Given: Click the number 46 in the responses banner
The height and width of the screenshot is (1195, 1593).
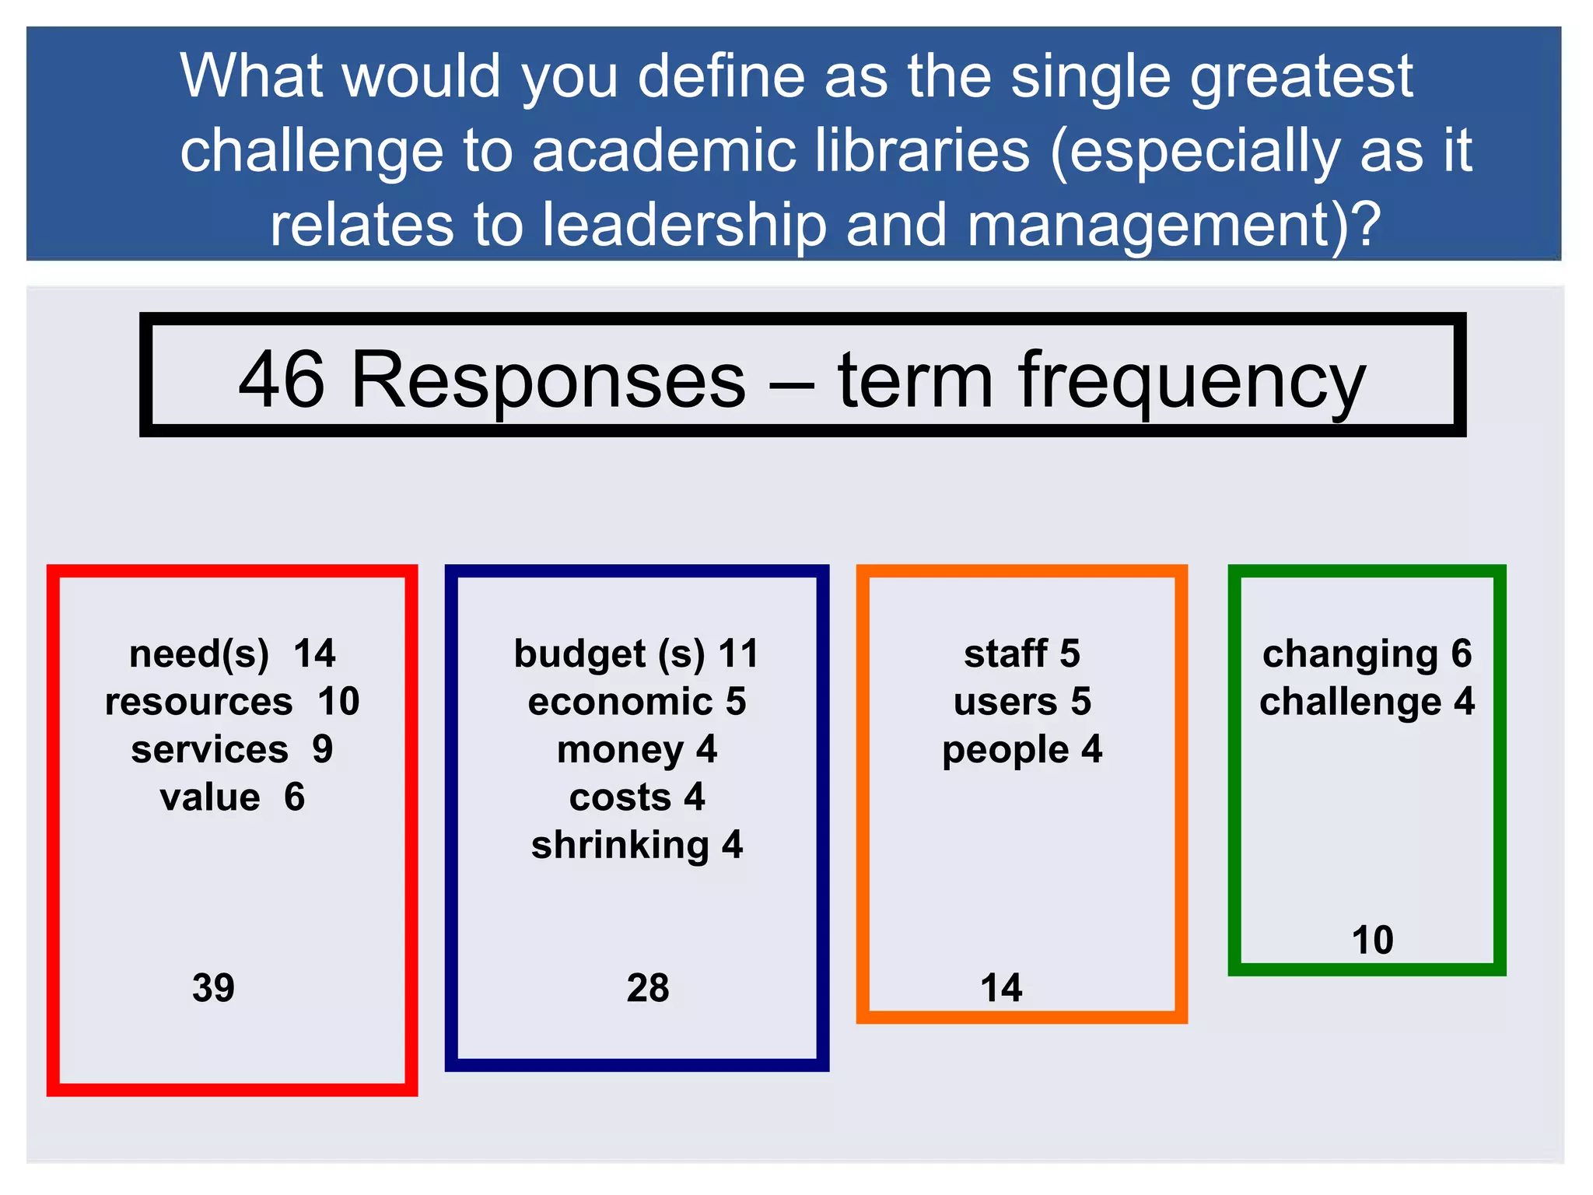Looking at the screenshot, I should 281,380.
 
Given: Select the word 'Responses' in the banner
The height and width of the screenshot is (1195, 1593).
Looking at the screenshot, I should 548,380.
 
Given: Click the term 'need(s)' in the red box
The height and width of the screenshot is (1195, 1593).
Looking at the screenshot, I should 199,654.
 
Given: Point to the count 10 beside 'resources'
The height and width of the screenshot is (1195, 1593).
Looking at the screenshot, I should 338,702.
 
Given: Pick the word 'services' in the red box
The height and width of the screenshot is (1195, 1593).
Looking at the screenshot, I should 209,750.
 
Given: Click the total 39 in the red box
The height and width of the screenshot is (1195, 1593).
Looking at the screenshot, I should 213,988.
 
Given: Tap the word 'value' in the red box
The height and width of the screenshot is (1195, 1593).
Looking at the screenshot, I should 209,797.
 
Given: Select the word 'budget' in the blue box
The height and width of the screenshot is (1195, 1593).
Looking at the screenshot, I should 579,654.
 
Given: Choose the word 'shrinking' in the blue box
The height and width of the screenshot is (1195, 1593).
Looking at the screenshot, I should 620,846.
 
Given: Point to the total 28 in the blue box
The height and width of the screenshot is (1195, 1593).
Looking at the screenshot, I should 648,988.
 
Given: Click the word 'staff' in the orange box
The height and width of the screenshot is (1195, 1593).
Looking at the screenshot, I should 1005,654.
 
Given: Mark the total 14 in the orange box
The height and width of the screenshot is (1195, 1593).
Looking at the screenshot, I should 1001,988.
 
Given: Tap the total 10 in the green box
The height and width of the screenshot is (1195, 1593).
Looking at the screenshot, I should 1372,941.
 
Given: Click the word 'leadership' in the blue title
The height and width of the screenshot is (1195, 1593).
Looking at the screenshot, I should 684,225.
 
